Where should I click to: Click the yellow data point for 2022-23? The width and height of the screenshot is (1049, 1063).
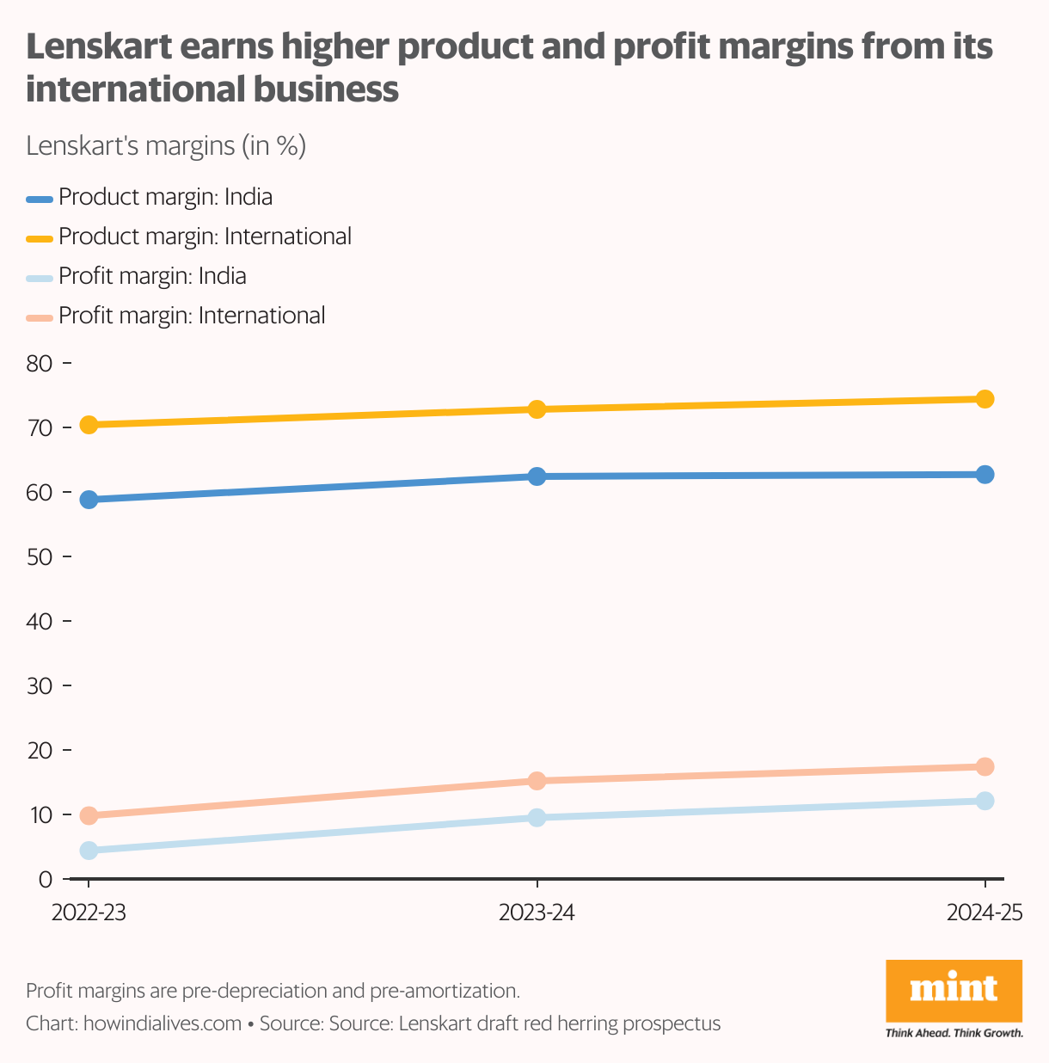88,425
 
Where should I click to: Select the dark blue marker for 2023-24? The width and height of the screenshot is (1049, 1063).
537,476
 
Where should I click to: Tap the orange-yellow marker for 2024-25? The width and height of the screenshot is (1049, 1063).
985,399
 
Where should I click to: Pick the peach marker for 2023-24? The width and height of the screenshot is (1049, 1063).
537,781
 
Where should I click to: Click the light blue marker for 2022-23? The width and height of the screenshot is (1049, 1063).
88,851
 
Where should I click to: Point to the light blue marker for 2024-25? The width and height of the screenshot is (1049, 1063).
985,801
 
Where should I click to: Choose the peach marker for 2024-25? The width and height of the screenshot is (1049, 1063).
985,766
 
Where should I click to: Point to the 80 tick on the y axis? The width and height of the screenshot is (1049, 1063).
40,364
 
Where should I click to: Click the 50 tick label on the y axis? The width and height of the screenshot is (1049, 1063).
40,557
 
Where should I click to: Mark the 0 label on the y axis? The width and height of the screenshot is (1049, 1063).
46,880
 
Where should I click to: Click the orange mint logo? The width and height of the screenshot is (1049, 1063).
954,991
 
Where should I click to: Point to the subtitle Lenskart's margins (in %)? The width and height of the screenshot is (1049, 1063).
166,146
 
